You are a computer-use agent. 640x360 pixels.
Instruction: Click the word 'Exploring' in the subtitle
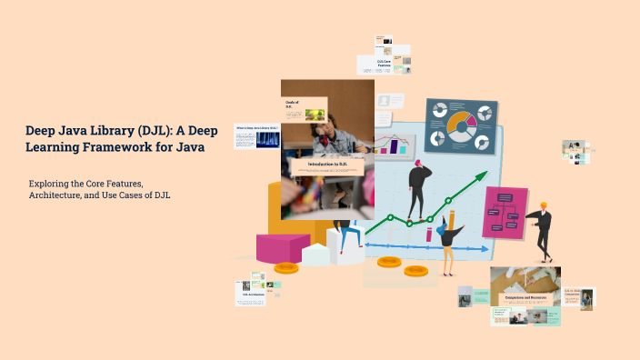coord(54,184)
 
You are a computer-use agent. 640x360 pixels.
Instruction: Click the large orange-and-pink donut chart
coord(461,125)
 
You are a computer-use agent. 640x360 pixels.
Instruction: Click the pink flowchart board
coord(505,214)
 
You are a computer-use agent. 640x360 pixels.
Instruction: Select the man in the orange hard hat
coord(542,231)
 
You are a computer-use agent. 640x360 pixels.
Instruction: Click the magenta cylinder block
coord(282,247)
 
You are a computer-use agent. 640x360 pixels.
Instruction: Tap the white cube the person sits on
coord(345,245)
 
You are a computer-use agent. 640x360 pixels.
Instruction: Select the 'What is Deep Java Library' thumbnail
coord(256,136)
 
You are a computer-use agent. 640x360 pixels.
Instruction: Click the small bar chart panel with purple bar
coord(394,145)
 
